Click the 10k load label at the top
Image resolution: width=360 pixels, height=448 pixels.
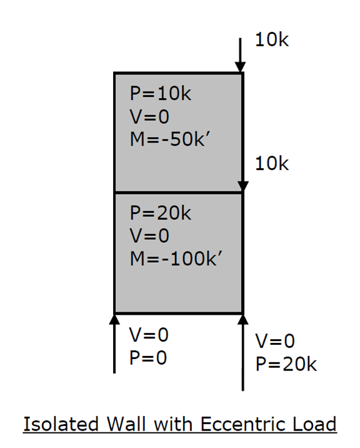click(272, 39)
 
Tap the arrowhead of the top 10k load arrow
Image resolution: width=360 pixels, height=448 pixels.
click(240, 67)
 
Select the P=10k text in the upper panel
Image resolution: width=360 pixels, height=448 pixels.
click(161, 93)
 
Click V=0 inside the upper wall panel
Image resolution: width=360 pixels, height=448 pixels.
click(149, 116)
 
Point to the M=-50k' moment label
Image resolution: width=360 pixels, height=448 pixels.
click(170, 139)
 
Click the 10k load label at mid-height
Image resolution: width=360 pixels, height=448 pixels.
click(272, 164)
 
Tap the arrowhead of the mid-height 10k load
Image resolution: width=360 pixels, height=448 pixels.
click(242, 186)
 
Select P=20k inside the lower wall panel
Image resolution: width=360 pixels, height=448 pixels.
click(161, 213)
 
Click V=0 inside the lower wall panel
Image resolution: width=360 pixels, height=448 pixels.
click(149, 236)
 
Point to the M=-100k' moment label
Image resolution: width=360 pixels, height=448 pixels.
click(176, 259)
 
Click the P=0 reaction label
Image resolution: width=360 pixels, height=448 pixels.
click(148, 358)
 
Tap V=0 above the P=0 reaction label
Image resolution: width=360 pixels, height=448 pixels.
click(149, 335)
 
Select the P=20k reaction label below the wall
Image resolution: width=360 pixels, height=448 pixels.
click(286, 364)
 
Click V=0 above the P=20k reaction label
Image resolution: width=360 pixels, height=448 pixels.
click(275, 341)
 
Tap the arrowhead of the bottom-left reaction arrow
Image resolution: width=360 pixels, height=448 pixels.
click(114, 320)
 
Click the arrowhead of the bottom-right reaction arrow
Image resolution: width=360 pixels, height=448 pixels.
click(242, 320)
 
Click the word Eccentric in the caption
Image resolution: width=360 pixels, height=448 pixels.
click(242, 424)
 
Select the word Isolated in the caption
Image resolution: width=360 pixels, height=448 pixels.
click(61, 424)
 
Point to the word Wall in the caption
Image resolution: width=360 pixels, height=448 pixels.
click(126, 424)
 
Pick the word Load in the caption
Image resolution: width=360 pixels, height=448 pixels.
click(314, 424)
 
